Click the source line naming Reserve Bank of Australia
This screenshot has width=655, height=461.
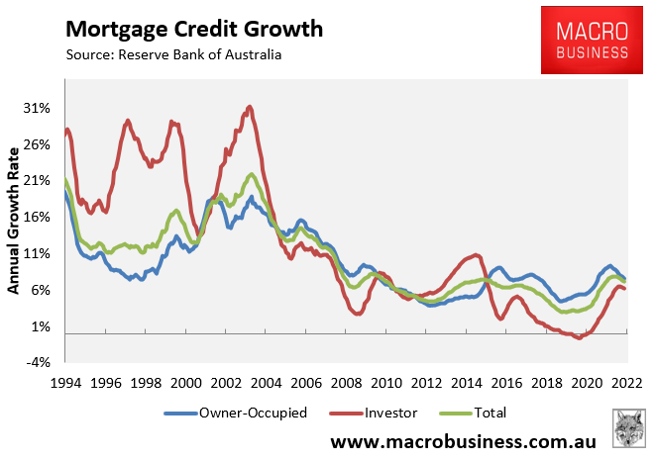173,53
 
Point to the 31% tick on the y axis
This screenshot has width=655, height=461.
38,108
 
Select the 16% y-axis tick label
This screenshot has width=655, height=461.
38,217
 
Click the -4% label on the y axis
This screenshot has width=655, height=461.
40,363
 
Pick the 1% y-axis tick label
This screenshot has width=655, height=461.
42,326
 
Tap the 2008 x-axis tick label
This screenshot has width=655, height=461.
345,382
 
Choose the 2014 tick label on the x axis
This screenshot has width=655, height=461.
466,382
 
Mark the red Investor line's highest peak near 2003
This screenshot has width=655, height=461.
249,107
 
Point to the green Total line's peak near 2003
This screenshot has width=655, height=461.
252,175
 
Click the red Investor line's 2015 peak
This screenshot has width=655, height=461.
477,255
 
